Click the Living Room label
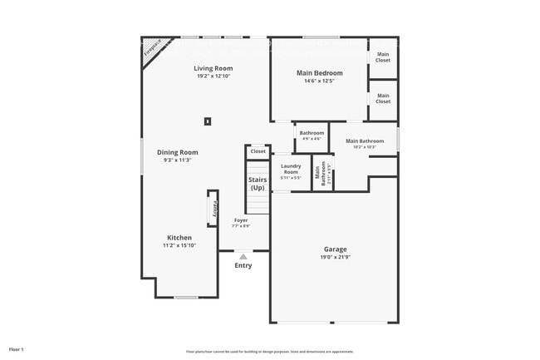(212, 68)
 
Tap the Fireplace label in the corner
(151, 47)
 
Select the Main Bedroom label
(320, 72)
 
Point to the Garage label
(335, 249)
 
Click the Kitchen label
(179, 238)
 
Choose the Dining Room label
(178, 152)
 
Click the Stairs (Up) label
(258, 183)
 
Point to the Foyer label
(240, 220)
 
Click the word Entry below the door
(243, 265)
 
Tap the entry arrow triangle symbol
(243, 257)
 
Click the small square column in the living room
(208, 121)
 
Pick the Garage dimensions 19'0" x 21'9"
(335, 257)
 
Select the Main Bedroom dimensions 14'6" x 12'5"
(320, 81)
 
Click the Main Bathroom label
(365, 141)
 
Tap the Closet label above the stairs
(258, 151)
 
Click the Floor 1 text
(17, 349)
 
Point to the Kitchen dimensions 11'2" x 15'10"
(179, 245)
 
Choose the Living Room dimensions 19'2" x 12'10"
(212, 76)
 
